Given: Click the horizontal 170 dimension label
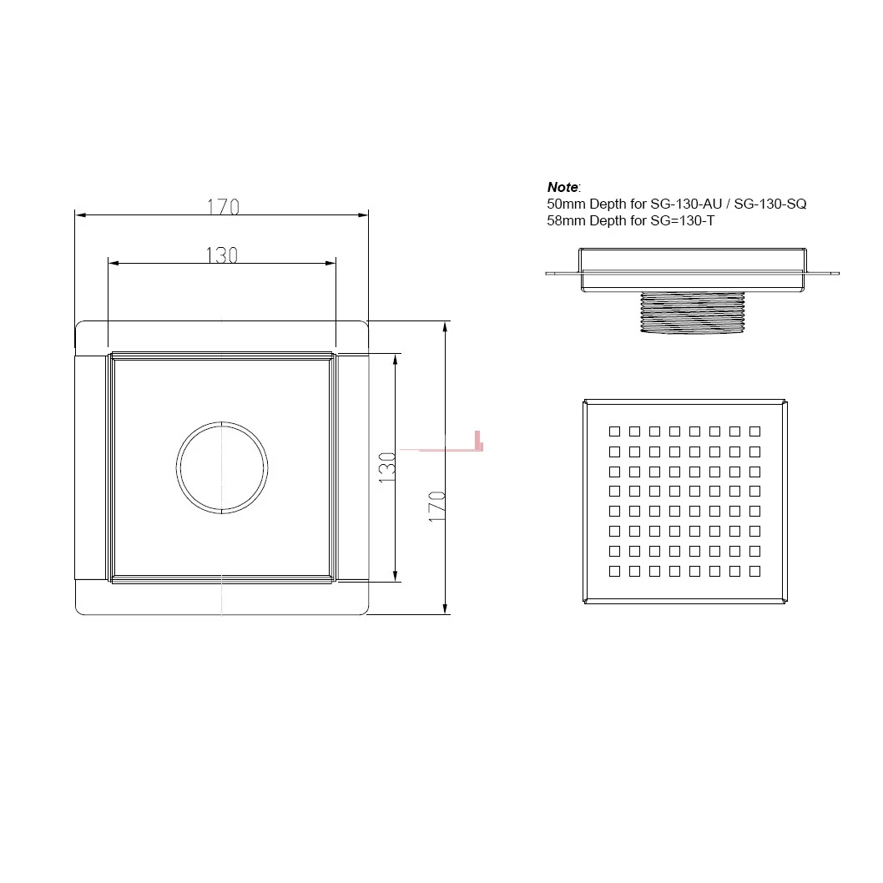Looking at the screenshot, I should [x=223, y=206].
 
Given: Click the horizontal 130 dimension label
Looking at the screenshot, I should [x=222, y=255].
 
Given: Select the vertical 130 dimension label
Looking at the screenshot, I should [x=387, y=467].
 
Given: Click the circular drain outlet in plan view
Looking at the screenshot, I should [x=222, y=467].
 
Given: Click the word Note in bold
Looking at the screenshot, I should [x=563, y=188].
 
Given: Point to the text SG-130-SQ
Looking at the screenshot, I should [x=769, y=204].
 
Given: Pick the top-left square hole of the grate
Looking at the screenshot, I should [x=614, y=431].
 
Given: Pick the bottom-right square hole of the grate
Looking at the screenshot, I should [x=754, y=572].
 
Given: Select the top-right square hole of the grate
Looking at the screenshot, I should [x=754, y=431].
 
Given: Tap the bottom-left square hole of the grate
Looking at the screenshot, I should [x=614, y=572].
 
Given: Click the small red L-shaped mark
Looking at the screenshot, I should [x=478, y=441].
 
